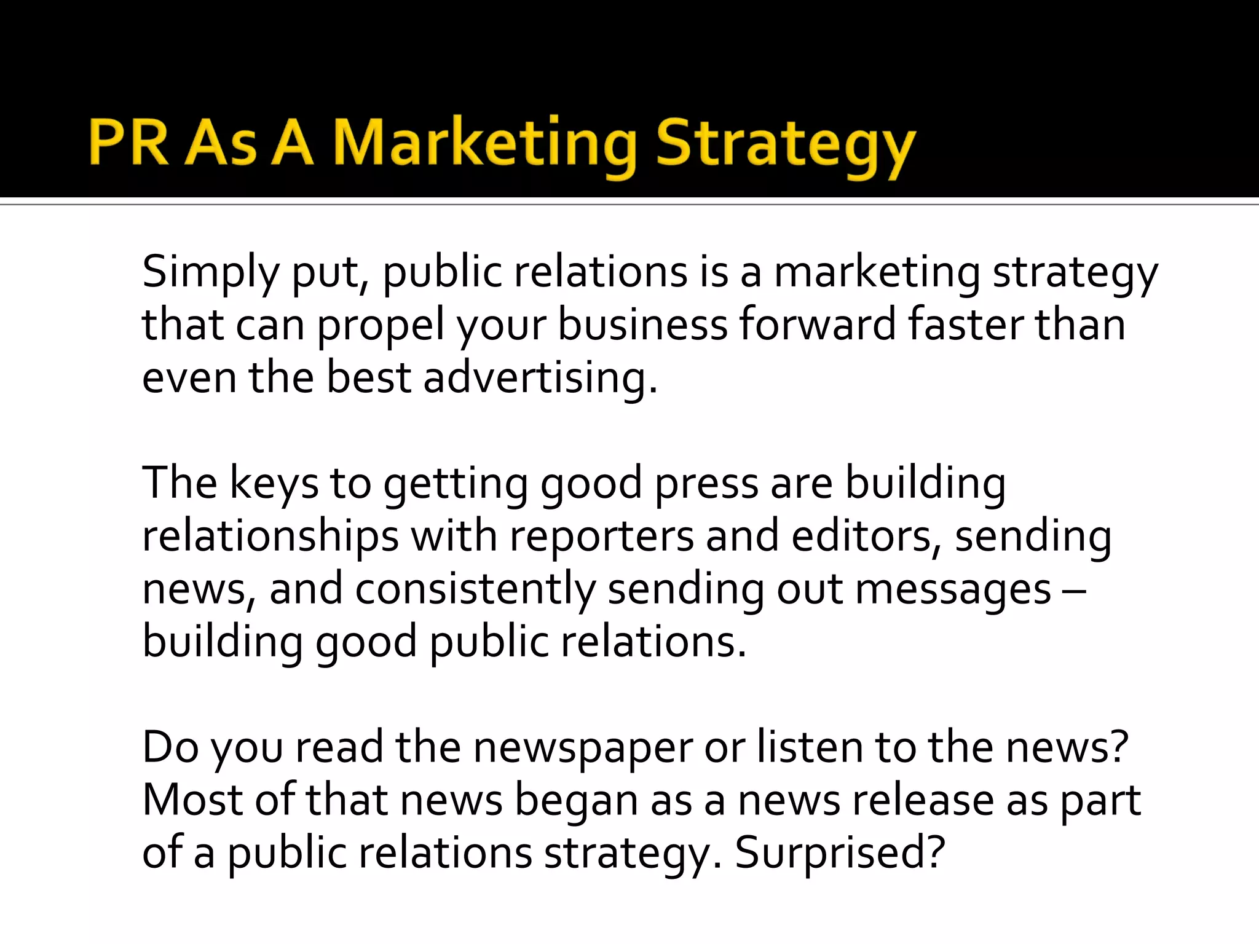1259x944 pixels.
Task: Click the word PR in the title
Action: (128, 143)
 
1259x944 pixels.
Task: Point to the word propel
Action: (381, 326)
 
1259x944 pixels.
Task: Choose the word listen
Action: (810, 747)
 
